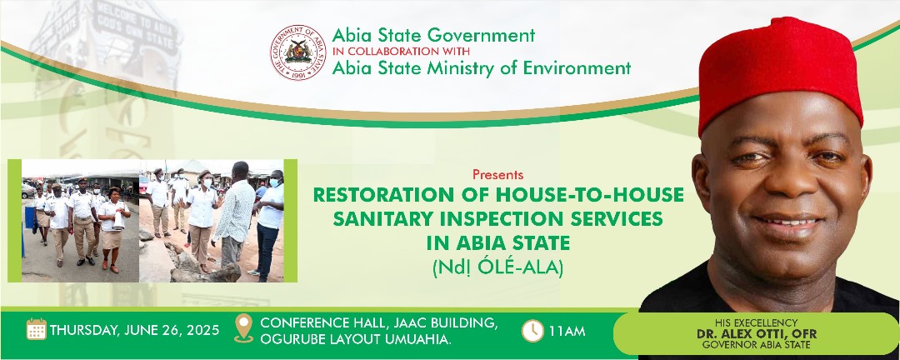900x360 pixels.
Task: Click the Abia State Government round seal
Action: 297,52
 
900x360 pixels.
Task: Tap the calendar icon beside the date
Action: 36,329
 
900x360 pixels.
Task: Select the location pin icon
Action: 244,328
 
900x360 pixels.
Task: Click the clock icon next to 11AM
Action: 532,331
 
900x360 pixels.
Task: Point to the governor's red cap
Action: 780,72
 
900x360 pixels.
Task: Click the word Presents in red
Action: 497,174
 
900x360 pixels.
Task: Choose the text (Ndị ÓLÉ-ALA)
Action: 497,267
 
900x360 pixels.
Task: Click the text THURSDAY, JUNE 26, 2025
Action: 134,330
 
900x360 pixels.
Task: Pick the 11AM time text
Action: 567,331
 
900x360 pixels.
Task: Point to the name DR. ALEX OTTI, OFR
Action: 757,334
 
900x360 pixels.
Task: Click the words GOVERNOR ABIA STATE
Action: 757,345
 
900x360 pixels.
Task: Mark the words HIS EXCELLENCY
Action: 757,323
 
